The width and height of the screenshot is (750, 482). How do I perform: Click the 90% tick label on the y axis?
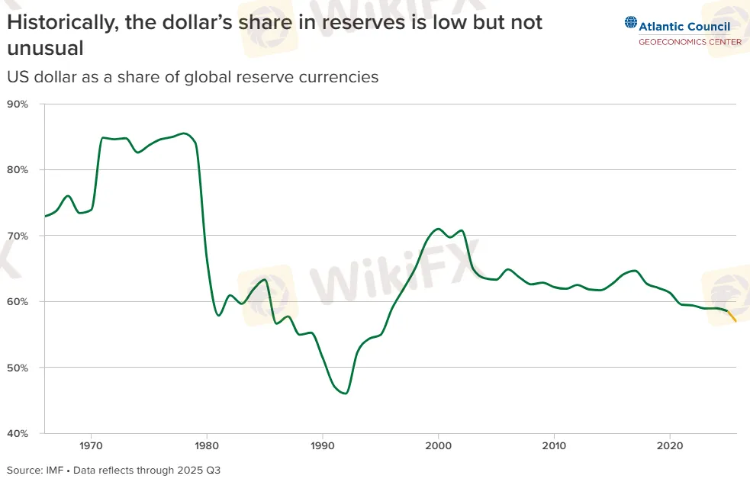18,104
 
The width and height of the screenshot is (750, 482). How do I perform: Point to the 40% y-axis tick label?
18,433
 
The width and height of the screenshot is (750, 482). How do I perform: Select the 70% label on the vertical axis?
18,236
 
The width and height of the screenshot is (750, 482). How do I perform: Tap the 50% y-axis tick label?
18,368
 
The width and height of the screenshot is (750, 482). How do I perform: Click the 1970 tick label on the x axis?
91,445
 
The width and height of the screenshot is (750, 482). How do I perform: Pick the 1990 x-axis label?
323,445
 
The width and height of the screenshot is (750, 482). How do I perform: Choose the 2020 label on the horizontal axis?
669,445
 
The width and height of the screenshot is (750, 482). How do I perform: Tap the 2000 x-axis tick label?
438,445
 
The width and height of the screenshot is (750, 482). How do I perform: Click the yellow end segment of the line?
732,316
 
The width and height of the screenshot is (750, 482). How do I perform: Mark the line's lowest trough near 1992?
346,394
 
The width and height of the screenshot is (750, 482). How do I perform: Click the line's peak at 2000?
438,229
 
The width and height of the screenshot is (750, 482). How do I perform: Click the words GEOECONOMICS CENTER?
689,42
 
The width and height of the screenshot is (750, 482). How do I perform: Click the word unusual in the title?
44,49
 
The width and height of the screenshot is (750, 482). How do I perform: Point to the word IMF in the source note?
53,470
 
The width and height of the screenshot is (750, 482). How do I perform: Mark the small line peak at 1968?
68,196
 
